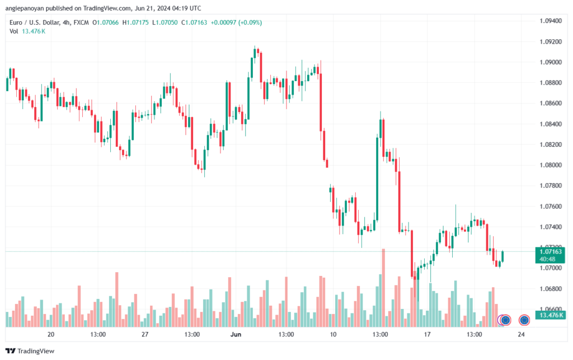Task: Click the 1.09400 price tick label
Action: (551, 21)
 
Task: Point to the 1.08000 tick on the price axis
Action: (551, 165)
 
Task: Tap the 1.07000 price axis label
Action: (551, 268)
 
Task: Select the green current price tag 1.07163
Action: (551, 252)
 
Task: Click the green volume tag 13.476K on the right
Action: (551, 315)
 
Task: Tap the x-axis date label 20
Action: (51, 334)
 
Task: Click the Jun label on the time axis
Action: (236, 334)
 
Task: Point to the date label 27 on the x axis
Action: (145, 334)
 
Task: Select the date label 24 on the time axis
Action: (521, 334)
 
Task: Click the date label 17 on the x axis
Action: (427, 334)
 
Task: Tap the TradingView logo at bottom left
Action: (30, 351)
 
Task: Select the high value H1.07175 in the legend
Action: (135, 22)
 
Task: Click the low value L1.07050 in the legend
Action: (165, 22)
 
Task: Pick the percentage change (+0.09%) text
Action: (250, 22)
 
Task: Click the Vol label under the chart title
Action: (14, 31)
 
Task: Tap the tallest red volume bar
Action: (383, 288)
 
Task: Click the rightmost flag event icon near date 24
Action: (524, 320)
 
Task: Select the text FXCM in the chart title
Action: (81, 22)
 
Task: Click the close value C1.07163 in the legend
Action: (194, 22)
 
